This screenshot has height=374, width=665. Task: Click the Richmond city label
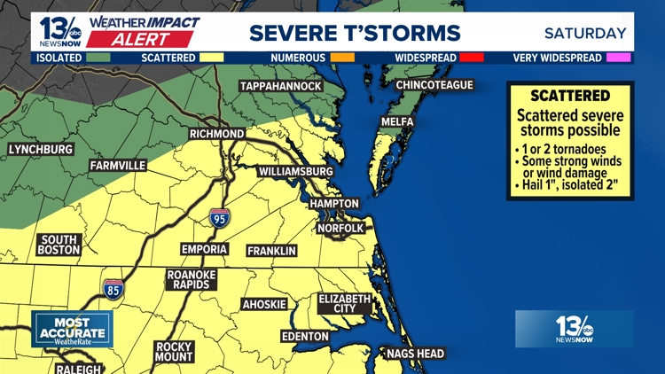point(216,134)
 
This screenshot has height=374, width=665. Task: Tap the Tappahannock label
point(279,86)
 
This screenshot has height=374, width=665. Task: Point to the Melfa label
point(396,121)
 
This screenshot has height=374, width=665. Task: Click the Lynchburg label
point(40,149)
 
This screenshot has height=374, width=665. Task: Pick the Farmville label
point(117,166)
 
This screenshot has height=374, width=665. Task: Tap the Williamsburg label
point(295,170)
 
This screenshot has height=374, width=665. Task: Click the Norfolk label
point(340,228)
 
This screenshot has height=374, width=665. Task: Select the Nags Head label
point(414,354)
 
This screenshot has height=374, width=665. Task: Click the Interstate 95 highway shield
point(219,217)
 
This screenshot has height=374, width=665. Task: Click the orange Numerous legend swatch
point(342,58)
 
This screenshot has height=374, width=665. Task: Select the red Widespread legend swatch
point(473,58)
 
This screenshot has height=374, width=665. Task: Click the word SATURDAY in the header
point(584,34)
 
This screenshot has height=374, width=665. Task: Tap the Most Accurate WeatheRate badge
point(72,329)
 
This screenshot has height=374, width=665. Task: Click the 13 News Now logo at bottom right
point(574,329)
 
